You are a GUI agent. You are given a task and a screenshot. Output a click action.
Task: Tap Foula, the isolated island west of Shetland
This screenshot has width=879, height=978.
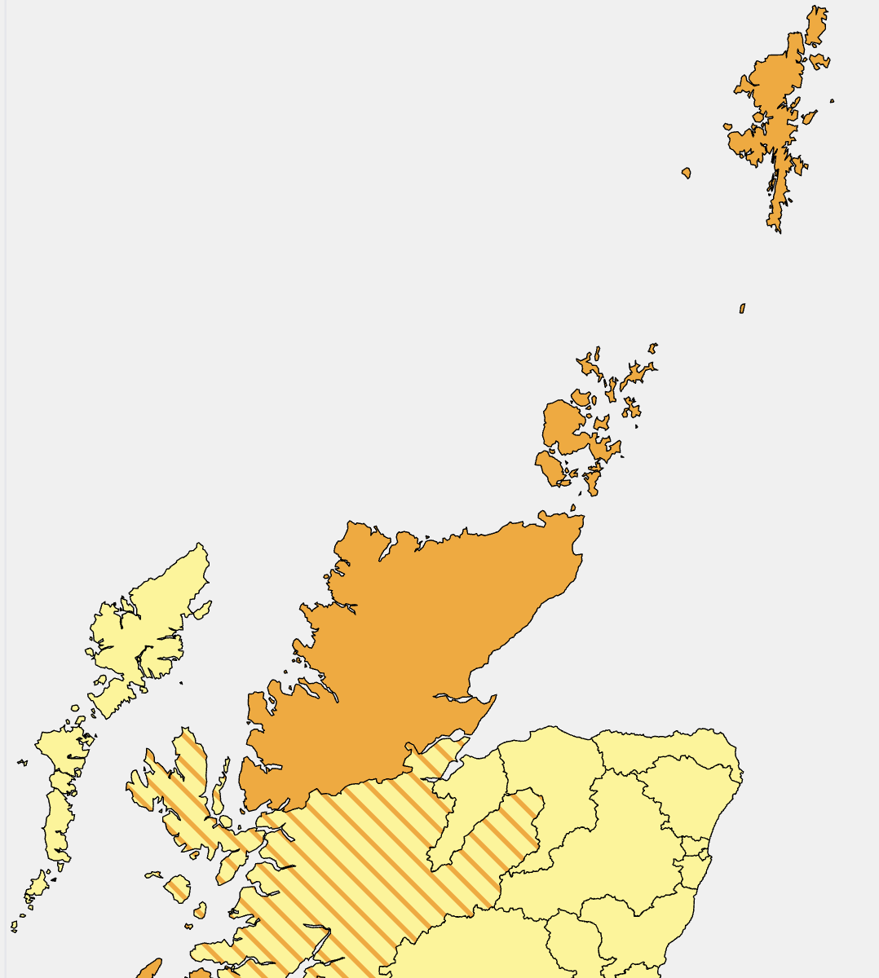[x=687, y=173]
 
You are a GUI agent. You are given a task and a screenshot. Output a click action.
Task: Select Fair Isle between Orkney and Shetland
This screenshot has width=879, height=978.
[x=742, y=309]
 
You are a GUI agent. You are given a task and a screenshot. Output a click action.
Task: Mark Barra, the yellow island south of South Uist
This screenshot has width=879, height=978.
[x=38, y=885]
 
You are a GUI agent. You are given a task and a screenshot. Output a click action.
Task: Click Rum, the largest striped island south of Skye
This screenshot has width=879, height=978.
[x=176, y=887]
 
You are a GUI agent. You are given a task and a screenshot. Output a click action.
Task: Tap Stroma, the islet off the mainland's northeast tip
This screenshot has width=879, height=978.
[x=573, y=508]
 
